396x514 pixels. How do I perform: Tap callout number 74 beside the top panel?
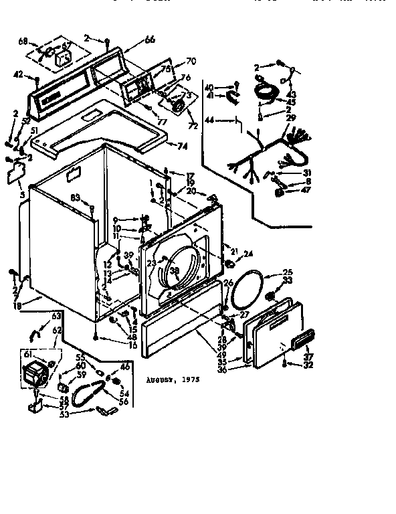[x=182, y=145]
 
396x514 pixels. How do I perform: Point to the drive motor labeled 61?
[x=37, y=373]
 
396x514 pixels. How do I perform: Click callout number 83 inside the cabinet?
[x=77, y=198]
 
